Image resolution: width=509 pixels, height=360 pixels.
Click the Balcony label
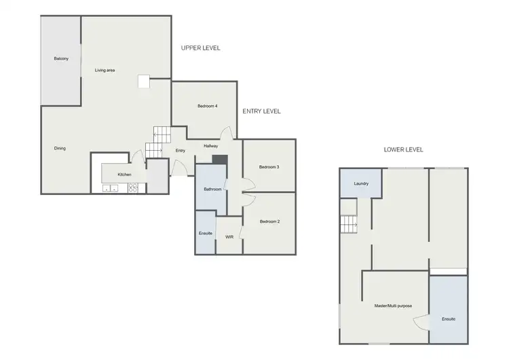pyautogui.click(x=61, y=59)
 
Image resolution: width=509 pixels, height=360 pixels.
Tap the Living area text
pyautogui.click(x=105, y=70)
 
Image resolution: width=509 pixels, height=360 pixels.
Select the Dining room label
pyautogui.click(x=60, y=148)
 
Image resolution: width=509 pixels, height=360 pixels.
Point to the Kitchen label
pyautogui.click(x=124, y=175)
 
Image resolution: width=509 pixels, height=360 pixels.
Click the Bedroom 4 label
pyautogui.click(x=207, y=106)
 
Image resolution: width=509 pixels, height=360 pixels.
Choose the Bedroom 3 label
pyautogui.click(x=269, y=166)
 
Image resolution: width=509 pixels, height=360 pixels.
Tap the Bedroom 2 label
pyautogui.click(x=269, y=221)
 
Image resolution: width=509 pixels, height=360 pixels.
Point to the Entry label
pyautogui.click(x=180, y=151)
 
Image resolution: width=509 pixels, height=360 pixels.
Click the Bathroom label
pyautogui.click(x=212, y=190)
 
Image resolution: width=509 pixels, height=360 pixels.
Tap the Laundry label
pyautogui.click(x=361, y=183)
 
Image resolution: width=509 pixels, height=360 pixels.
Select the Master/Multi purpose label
pyautogui.click(x=393, y=306)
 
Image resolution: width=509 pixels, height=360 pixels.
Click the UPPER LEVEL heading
pyautogui.click(x=201, y=48)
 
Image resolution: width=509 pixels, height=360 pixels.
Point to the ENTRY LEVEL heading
pyautogui.click(x=261, y=111)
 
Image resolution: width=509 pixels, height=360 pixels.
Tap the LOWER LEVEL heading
pyautogui.click(x=403, y=149)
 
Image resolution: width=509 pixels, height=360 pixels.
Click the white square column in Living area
pyautogui.click(x=144, y=81)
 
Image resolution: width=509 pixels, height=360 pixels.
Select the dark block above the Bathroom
pyautogui.click(x=219, y=160)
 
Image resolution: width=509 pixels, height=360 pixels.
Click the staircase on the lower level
pyautogui.click(x=348, y=223)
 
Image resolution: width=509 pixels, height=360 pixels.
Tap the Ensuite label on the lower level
pyautogui.click(x=448, y=319)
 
